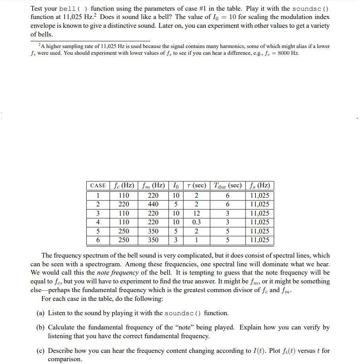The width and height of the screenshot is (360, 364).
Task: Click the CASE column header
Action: [x=98, y=186]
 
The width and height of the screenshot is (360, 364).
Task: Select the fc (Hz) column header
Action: [x=124, y=186]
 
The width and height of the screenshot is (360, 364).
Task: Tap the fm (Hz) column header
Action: [x=153, y=186]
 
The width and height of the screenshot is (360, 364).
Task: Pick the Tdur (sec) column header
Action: [x=227, y=186]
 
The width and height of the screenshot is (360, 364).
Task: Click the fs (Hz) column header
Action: [x=259, y=186]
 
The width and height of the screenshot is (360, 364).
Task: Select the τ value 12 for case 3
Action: [x=196, y=213]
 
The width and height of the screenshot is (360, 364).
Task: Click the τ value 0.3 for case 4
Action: [x=196, y=222]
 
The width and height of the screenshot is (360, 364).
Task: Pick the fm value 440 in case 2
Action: [x=153, y=204]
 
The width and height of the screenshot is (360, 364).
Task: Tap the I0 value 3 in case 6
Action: [x=176, y=240]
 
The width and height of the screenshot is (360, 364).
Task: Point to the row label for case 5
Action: [x=98, y=231]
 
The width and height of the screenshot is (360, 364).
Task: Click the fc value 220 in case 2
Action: [x=124, y=204]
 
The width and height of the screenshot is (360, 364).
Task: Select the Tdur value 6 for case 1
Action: [x=227, y=195]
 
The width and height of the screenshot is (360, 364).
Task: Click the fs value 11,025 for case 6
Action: [x=259, y=240]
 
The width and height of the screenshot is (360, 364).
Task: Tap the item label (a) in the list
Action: [x=41, y=313]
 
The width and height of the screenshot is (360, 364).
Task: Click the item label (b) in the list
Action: [x=41, y=327]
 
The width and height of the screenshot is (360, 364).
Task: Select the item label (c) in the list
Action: [x=41, y=351]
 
